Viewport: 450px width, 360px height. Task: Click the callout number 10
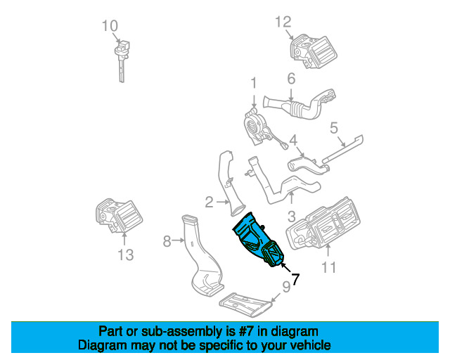point(110,27)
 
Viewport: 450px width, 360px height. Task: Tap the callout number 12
point(283,22)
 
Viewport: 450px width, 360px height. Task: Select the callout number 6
point(290,79)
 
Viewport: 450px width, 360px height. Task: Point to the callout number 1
point(253,85)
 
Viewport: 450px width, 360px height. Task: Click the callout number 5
point(334,127)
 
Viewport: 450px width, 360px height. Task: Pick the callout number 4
point(293,140)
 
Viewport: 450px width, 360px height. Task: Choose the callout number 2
point(209,203)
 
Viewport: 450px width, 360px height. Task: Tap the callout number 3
point(291,217)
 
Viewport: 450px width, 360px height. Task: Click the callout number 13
point(125,255)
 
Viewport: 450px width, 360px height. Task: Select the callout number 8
point(167,242)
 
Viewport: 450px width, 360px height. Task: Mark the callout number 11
point(328,267)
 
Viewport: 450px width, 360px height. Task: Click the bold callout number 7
point(295,279)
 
